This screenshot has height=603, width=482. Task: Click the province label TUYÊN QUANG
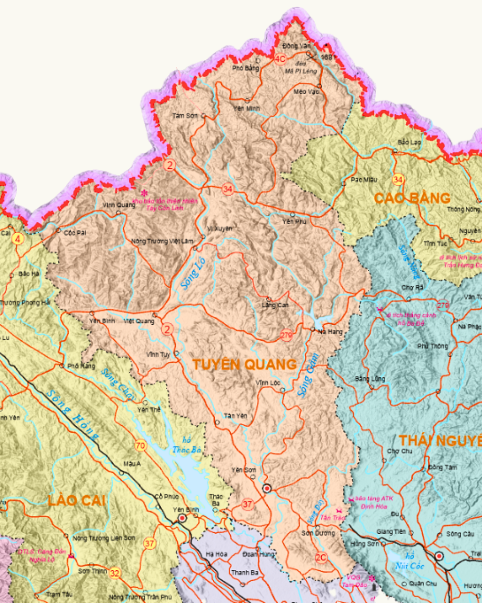pyautogui.click(x=245, y=364)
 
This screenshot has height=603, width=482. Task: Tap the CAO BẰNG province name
pyautogui.click(x=412, y=198)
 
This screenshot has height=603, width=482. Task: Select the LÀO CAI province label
pyautogui.click(x=77, y=500)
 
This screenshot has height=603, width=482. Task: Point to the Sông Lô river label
pyautogui.click(x=193, y=273)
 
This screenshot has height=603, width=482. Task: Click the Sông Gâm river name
pyautogui.click(x=308, y=375)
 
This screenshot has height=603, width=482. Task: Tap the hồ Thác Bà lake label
pyautogui.click(x=187, y=445)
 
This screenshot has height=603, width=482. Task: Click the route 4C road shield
pyautogui.click(x=280, y=59)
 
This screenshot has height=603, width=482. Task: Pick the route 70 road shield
pyautogui.click(x=141, y=445)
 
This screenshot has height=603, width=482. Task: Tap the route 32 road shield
pyautogui.click(x=115, y=573)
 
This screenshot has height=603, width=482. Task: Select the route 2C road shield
pyautogui.click(x=321, y=557)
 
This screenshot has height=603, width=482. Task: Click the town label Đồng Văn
pyautogui.click(x=296, y=46)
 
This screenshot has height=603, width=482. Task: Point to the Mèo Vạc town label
pyautogui.click(x=306, y=92)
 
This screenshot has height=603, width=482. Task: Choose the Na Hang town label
pyautogui.click(x=330, y=331)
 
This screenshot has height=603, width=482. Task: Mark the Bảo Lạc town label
pyautogui.click(x=409, y=142)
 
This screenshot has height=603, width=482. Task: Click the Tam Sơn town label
pyautogui.click(x=185, y=116)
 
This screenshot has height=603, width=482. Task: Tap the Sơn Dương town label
pyautogui.click(x=318, y=533)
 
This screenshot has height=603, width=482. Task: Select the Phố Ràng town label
pyautogui.click(x=81, y=366)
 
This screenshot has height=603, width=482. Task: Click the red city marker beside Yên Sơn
pyautogui.click(x=267, y=488)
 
